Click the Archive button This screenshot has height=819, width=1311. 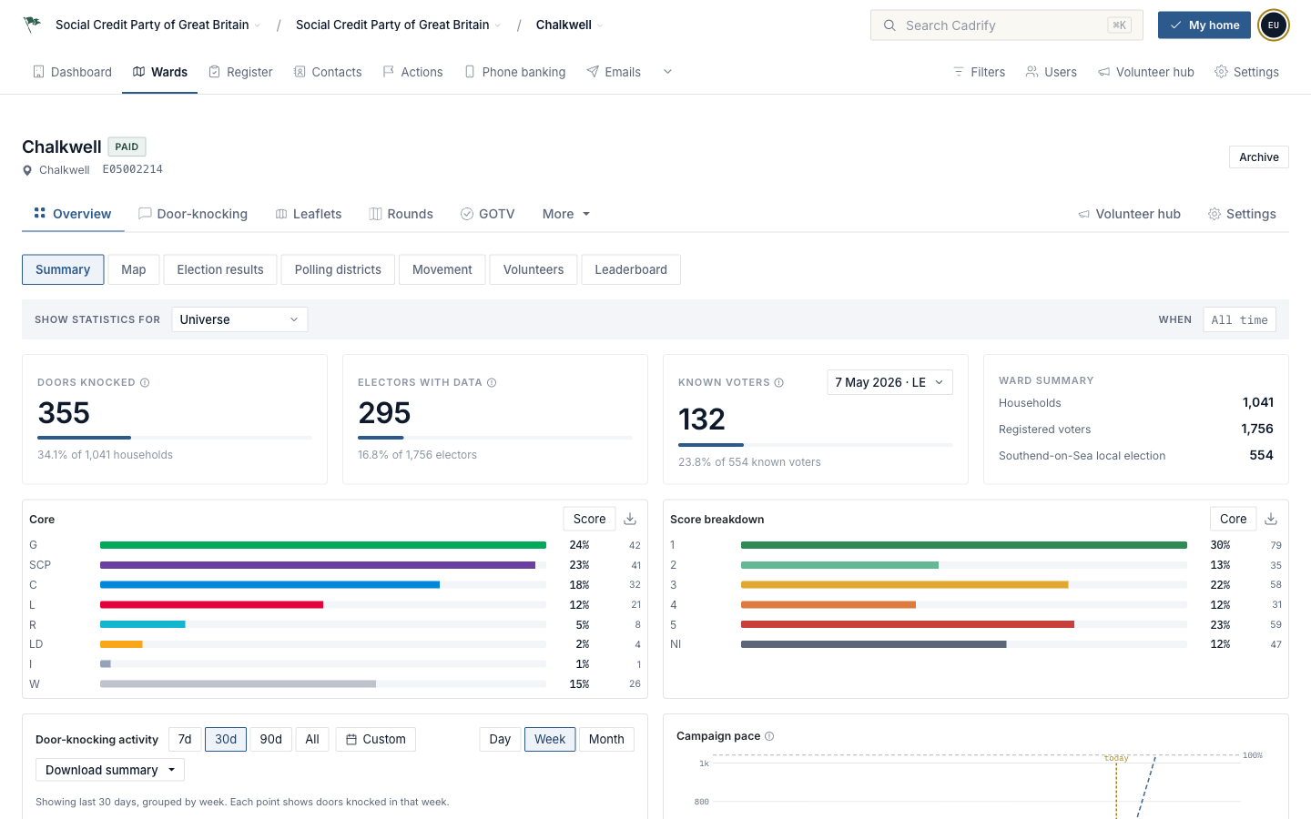pyautogui.click(x=1258, y=157)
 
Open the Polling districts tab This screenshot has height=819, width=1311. pyautogui.click(x=338, y=269)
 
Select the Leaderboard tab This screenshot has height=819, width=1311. pyautogui.click(x=631, y=269)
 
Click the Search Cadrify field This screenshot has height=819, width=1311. pyautogui.click(x=1006, y=25)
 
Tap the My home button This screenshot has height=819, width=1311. pyautogui.click(x=1204, y=25)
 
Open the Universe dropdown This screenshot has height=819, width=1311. pyautogui.click(x=239, y=319)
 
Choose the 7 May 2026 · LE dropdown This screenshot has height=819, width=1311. pyautogui.click(x=889, y=382)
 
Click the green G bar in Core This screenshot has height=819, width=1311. pyautogui.click(x=323, y=545)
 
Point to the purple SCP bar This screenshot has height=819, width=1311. pyautogui.click(x=318, y=565)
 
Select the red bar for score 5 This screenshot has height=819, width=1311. pyautogui.click(x=907, y=624)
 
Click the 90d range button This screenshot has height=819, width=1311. pyautogui.click(x=270, y=740)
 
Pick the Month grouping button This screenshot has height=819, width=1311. pyautogui.click(x=606, y=740)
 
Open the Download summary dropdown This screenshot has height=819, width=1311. pyautogui.click(x=110, y=770)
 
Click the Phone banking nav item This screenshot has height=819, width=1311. pyautogui.click(x=515, y=72)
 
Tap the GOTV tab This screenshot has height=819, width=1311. pyautogui.click(x=488, y=214)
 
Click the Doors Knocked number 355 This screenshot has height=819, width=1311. pyautogui.click(x=64, y=413)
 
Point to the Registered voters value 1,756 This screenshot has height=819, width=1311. pyautogui.click(x=1257, y=429)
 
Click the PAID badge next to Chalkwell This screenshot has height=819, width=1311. pyautogui.click(x=127, y=147)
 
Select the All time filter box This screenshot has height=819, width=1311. pyautogui.click(x=1240, y=320)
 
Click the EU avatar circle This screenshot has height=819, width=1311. pyautogui.click(x=1274, y=25)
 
